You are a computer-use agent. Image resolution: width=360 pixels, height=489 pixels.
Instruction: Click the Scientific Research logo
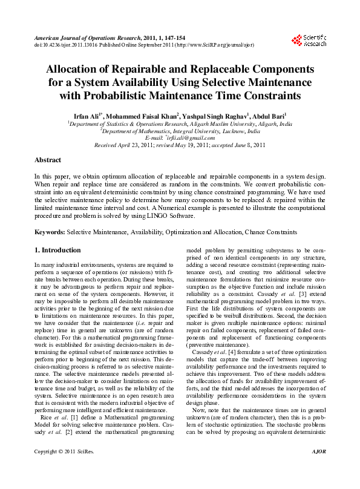(309, 41)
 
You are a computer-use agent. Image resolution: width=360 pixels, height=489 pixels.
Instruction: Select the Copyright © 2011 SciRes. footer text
(57, 470)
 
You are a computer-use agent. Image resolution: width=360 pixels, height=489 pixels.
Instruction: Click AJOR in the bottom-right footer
(318, 470)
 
